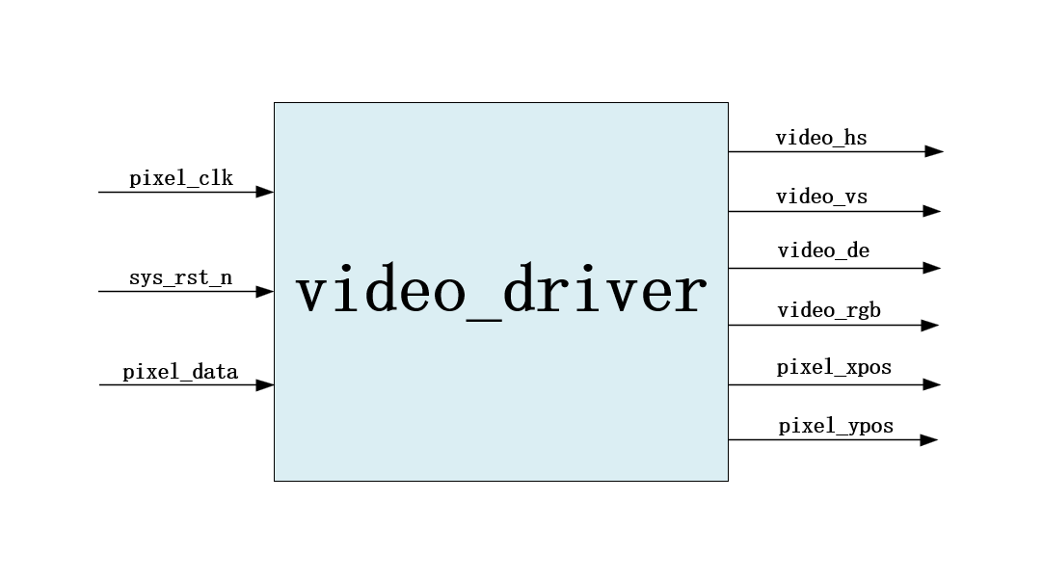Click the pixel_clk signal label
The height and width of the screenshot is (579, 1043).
tap(181, 178)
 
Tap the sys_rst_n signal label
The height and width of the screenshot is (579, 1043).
tap(180, 278)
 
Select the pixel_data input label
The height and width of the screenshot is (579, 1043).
tap(180, 372)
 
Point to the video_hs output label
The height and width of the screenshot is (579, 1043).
tap(821, 138)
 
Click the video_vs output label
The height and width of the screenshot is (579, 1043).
tap(821, 197)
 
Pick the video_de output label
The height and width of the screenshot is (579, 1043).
tap(823, 251)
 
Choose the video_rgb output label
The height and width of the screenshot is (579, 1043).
tap(829, 310)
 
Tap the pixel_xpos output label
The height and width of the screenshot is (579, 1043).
tap(834, 367)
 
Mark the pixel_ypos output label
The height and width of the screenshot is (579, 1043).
tap(836, 426)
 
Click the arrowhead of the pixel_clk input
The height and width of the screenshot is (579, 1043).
tap(264, 193)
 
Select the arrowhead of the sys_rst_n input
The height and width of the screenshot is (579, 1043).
tap(264, 291)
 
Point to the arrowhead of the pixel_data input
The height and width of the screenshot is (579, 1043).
tap(264, 385)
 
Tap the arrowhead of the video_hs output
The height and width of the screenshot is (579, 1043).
tap(933, 151)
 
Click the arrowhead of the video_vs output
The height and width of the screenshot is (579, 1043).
tap(931, 211)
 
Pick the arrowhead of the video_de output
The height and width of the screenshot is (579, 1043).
tap(931, 268)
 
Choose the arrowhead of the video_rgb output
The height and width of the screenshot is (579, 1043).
tap(929, 326)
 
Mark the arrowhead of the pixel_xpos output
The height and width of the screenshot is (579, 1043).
tap(931, 384)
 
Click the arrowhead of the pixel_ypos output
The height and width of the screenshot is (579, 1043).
tap(928, 440)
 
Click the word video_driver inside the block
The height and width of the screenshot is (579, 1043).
tap(500, 292)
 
